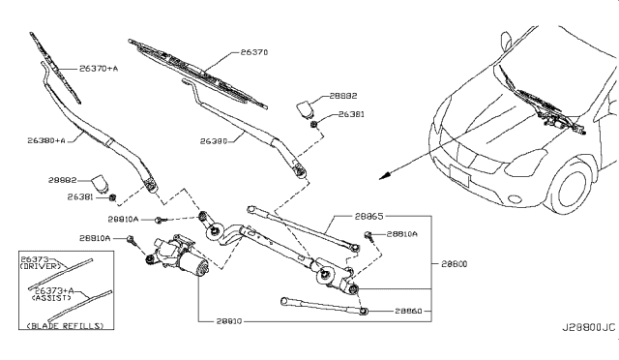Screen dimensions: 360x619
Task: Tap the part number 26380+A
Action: [x=45, y=140]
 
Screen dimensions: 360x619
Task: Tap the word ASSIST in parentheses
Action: [x=55, y=298]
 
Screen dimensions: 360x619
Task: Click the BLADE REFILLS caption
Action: [x=63, y=326]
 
